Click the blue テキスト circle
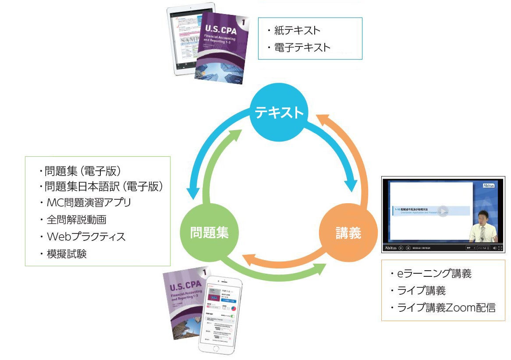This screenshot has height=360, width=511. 279,113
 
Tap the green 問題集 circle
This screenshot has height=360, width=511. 209,233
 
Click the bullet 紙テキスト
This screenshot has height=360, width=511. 297,30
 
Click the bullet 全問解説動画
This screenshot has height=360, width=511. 77,220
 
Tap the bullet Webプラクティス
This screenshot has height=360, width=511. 86,237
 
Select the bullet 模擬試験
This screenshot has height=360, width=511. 67,254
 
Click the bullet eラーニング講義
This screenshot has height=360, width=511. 434,274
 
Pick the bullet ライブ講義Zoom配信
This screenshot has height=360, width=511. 446,307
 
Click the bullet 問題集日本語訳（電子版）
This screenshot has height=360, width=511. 104,186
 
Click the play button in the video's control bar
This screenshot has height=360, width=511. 401,248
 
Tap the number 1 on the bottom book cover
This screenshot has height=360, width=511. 203,273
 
